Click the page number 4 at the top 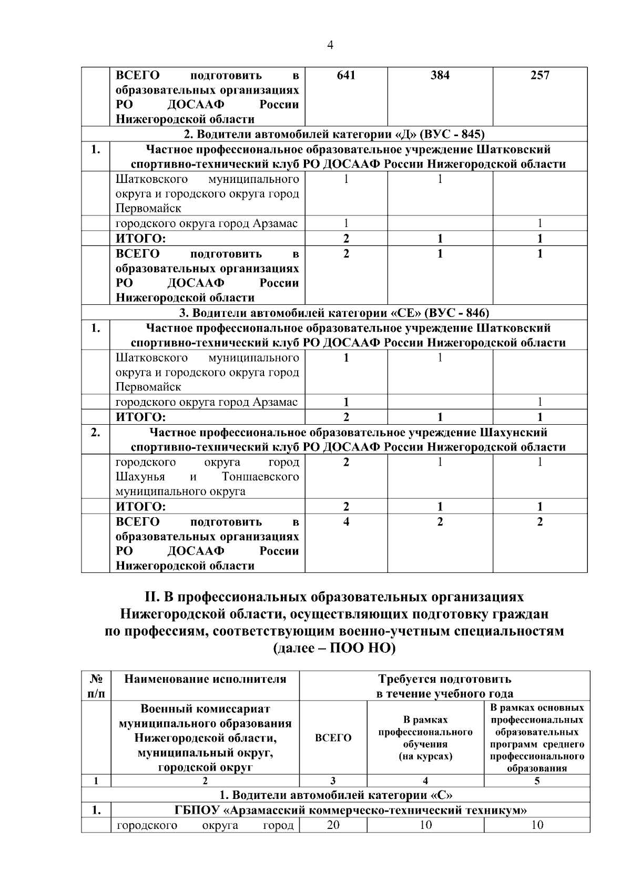point(330,45)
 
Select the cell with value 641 point(346,75)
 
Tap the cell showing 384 point(440,75)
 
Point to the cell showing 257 point(540,75)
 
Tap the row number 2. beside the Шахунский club point(95,433)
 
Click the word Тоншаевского point(260,477)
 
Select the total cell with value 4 point(346,522)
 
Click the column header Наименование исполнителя point(205,679)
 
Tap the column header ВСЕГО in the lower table point(333,737)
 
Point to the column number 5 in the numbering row point(537,781)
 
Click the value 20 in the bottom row point(333,825)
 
